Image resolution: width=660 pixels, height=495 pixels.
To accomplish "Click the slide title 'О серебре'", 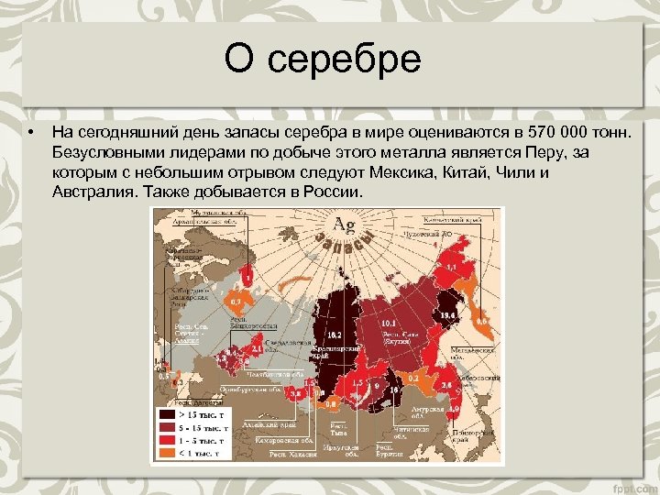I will pos(323,60).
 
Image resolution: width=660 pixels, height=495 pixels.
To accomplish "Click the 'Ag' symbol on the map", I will pos(345,225).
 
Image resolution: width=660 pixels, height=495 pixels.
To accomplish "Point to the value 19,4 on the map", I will pos(448,315).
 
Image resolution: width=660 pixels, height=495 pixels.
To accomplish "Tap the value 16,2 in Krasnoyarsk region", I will pos(335,335).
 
